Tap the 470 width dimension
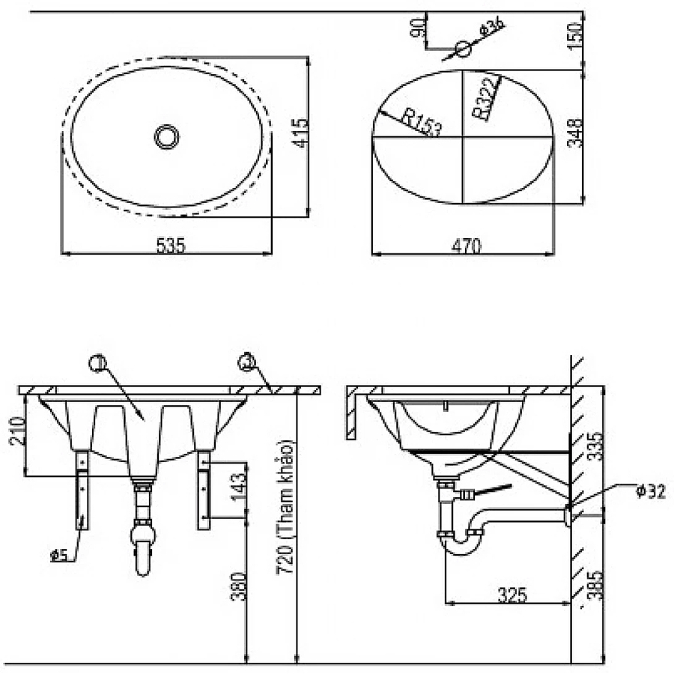pos(467,245)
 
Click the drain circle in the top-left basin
pos(167,136)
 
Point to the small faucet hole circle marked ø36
pos(464,49)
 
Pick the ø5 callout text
pos(60,555)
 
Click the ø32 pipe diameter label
pos(650,492)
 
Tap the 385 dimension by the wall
pos(592,586)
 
